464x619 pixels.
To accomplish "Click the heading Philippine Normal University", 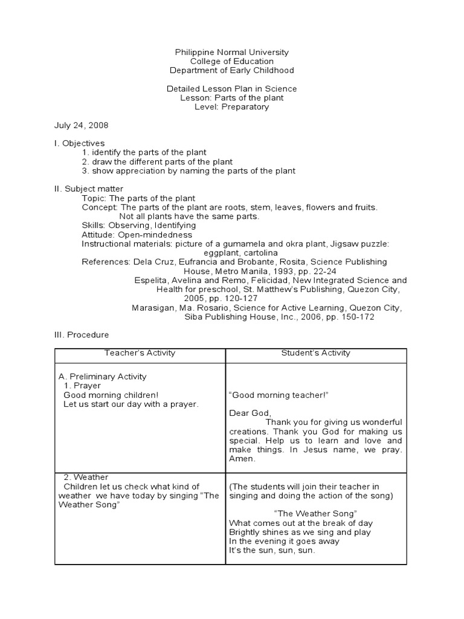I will (231, 53).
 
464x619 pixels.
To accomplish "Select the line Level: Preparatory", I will (231, 107).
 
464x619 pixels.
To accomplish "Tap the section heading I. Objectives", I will (79, 143).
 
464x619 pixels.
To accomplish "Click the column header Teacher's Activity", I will (140, 353).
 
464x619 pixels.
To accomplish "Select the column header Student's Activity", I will (315, 353).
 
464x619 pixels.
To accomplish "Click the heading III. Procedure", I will (82, 334).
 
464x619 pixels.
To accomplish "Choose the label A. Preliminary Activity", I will (103, 377).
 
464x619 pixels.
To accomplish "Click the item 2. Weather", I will (85, 478).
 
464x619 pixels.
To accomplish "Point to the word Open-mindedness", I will (155, 235).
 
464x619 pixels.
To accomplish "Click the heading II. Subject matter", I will (89, 189).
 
